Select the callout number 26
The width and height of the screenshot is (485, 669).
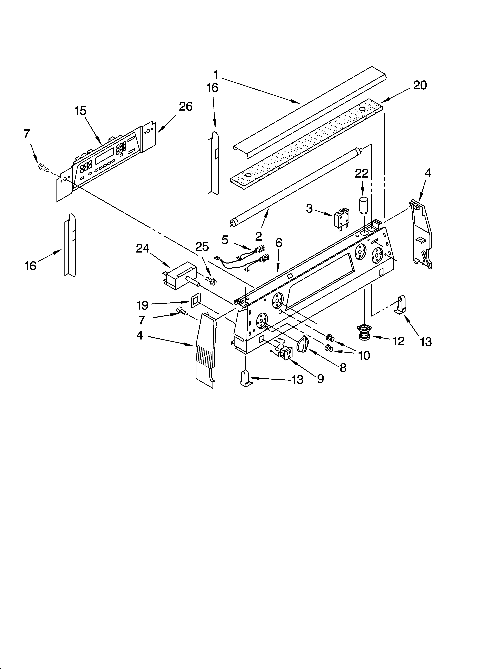[x=185, y=107]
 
